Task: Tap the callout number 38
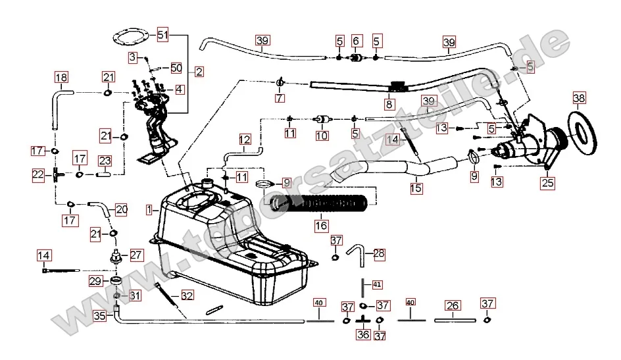578,99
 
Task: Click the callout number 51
163,34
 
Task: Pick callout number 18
61,78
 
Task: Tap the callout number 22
38,174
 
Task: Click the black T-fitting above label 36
363,319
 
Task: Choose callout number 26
452,305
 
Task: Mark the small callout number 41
376,284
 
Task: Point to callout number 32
187,296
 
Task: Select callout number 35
99,315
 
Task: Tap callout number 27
136,255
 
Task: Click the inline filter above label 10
322,120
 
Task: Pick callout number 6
355,41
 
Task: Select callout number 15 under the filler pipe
416,188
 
